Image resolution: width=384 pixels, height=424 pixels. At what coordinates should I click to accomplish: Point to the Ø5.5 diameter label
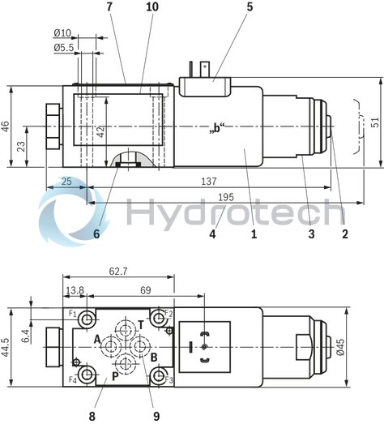pyautogui.click(x=64, y=48)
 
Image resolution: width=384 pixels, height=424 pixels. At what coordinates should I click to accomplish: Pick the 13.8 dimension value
pyautogui.click(x=75, y=289)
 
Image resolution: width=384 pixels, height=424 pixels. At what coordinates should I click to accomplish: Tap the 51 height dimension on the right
pyautogui.click(x=374, y=122)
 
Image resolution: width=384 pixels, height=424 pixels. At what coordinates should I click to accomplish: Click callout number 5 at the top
pyautogui.click(x=250, y=7)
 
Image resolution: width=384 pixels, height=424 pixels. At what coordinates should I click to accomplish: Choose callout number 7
pyautogui.click(x=108, y=7)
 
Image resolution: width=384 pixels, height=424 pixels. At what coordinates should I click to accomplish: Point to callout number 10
pyautogui.click(x=153, y=7)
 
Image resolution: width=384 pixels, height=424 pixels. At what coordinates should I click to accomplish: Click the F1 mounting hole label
pyautogui.click(x=72, y=313)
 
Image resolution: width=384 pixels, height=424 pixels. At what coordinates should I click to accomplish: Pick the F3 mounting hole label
pyautogui.click(x=169, y=379)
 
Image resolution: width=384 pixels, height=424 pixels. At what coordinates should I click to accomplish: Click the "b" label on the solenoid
pyautogui.click(x=215, y=128)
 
